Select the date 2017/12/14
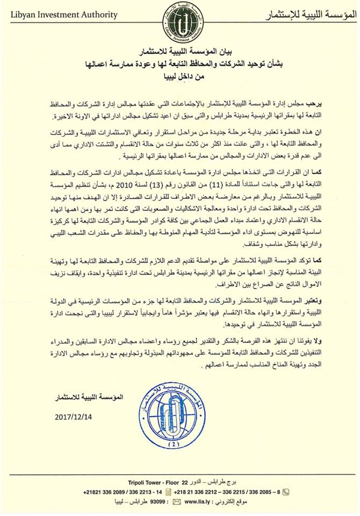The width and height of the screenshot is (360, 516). (x=74, y=416)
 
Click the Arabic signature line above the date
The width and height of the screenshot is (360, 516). (x=87, y=397)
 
